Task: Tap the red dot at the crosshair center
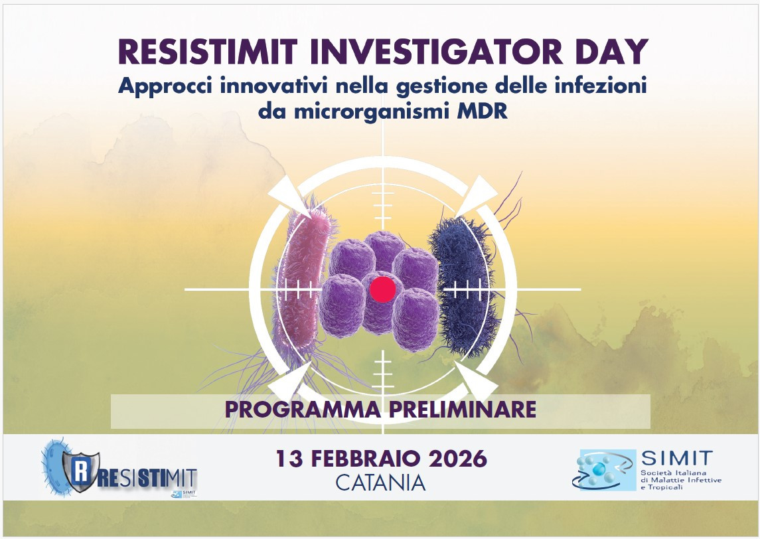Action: pos(382,289)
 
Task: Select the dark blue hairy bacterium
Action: pos(463,287)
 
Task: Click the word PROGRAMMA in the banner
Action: pos(302,410)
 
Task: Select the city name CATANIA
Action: pos(380,483)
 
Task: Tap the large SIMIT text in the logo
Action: pos(676,458)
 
